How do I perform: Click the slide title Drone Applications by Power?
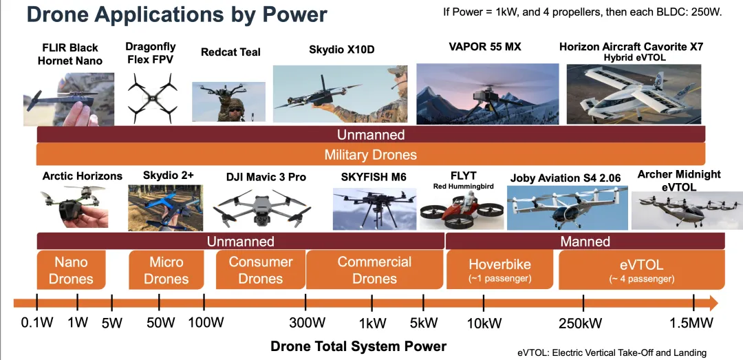click(177, 14)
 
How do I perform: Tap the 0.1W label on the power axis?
click(37, 323)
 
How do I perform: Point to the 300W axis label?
click(308, 323)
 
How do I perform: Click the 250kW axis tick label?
click(581, 323)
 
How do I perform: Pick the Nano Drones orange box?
click(71, 270)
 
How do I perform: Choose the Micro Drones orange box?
click(166, 270)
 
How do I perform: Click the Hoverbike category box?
click(500, 270)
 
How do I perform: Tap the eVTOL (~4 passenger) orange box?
click(642, 270)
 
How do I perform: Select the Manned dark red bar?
click(585, 241)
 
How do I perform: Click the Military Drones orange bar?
click(371, 155)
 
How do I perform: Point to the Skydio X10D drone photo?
click(341, 94)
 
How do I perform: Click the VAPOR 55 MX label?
click(484, 47)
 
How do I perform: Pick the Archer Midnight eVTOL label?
click(678, 181)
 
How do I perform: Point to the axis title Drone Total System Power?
click(358, 346)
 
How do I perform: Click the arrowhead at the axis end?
click(713, 303)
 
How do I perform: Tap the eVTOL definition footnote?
click(612, 352)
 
